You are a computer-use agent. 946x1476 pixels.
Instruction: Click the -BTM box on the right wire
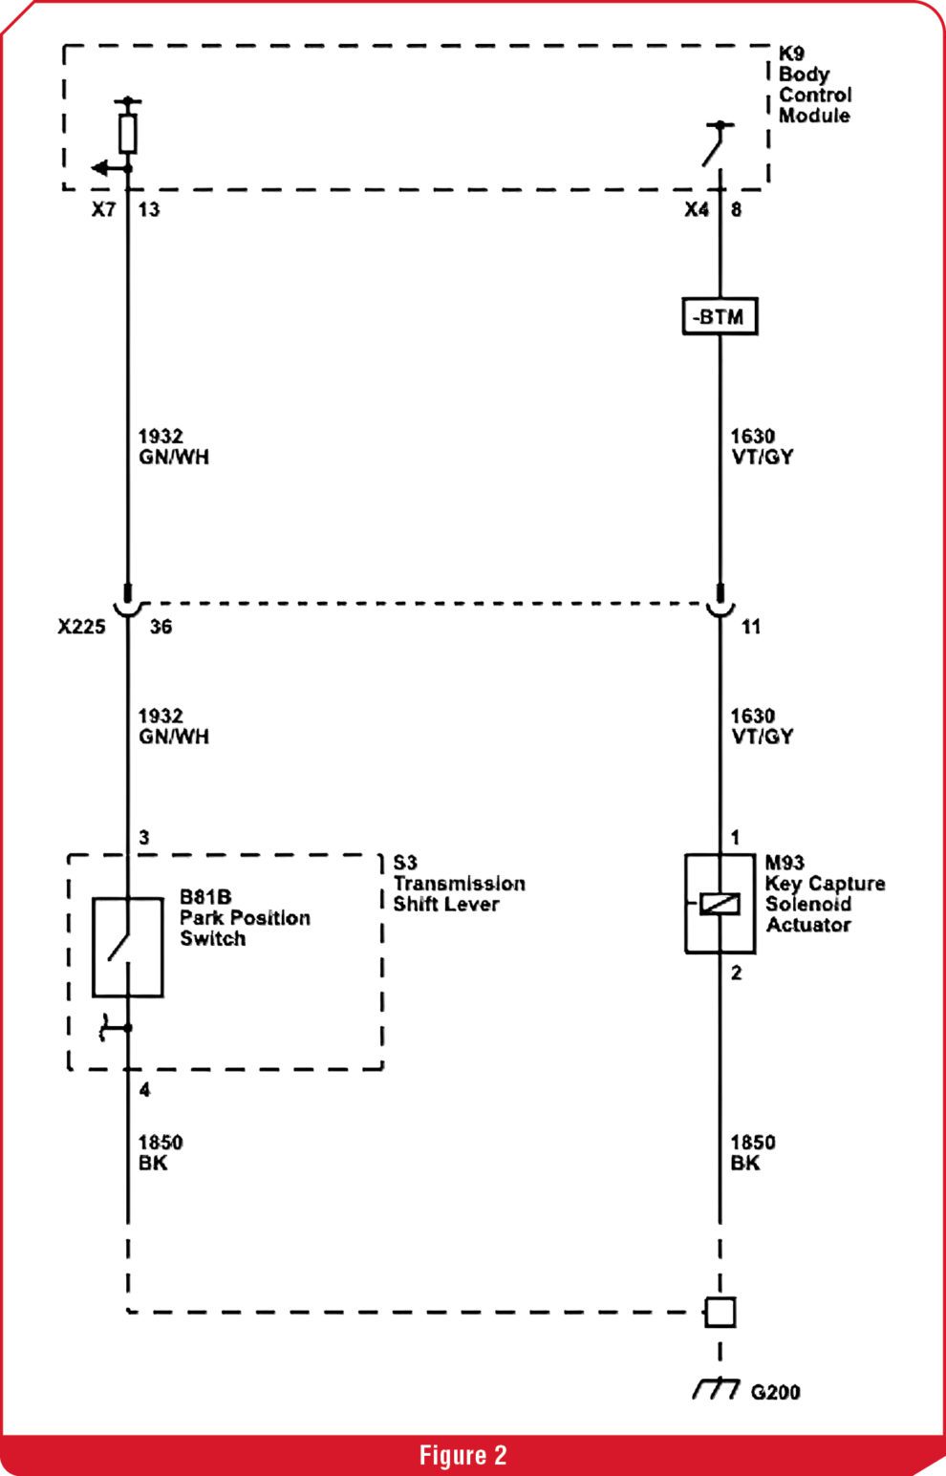720,316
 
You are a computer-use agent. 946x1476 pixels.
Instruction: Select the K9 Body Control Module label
815,85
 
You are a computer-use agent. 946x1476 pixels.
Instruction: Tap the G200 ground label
775,1392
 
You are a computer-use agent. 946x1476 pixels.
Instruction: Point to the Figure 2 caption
463,1454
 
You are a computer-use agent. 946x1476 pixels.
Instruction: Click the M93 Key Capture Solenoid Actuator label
825,893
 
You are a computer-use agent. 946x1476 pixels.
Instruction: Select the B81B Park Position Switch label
245,917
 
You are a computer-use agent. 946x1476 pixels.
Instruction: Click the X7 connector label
103,209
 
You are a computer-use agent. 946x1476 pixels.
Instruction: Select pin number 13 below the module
149,209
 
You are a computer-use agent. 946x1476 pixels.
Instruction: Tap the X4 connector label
697,209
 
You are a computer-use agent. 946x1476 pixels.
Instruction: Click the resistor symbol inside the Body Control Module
128,134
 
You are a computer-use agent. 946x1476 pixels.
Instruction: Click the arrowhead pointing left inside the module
99,168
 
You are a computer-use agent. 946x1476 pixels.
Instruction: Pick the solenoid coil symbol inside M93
720,904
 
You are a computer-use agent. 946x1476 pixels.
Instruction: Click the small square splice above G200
720,1312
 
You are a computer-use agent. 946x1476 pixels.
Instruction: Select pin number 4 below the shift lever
144,1090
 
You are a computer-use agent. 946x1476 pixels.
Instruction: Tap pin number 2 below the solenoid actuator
737,973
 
